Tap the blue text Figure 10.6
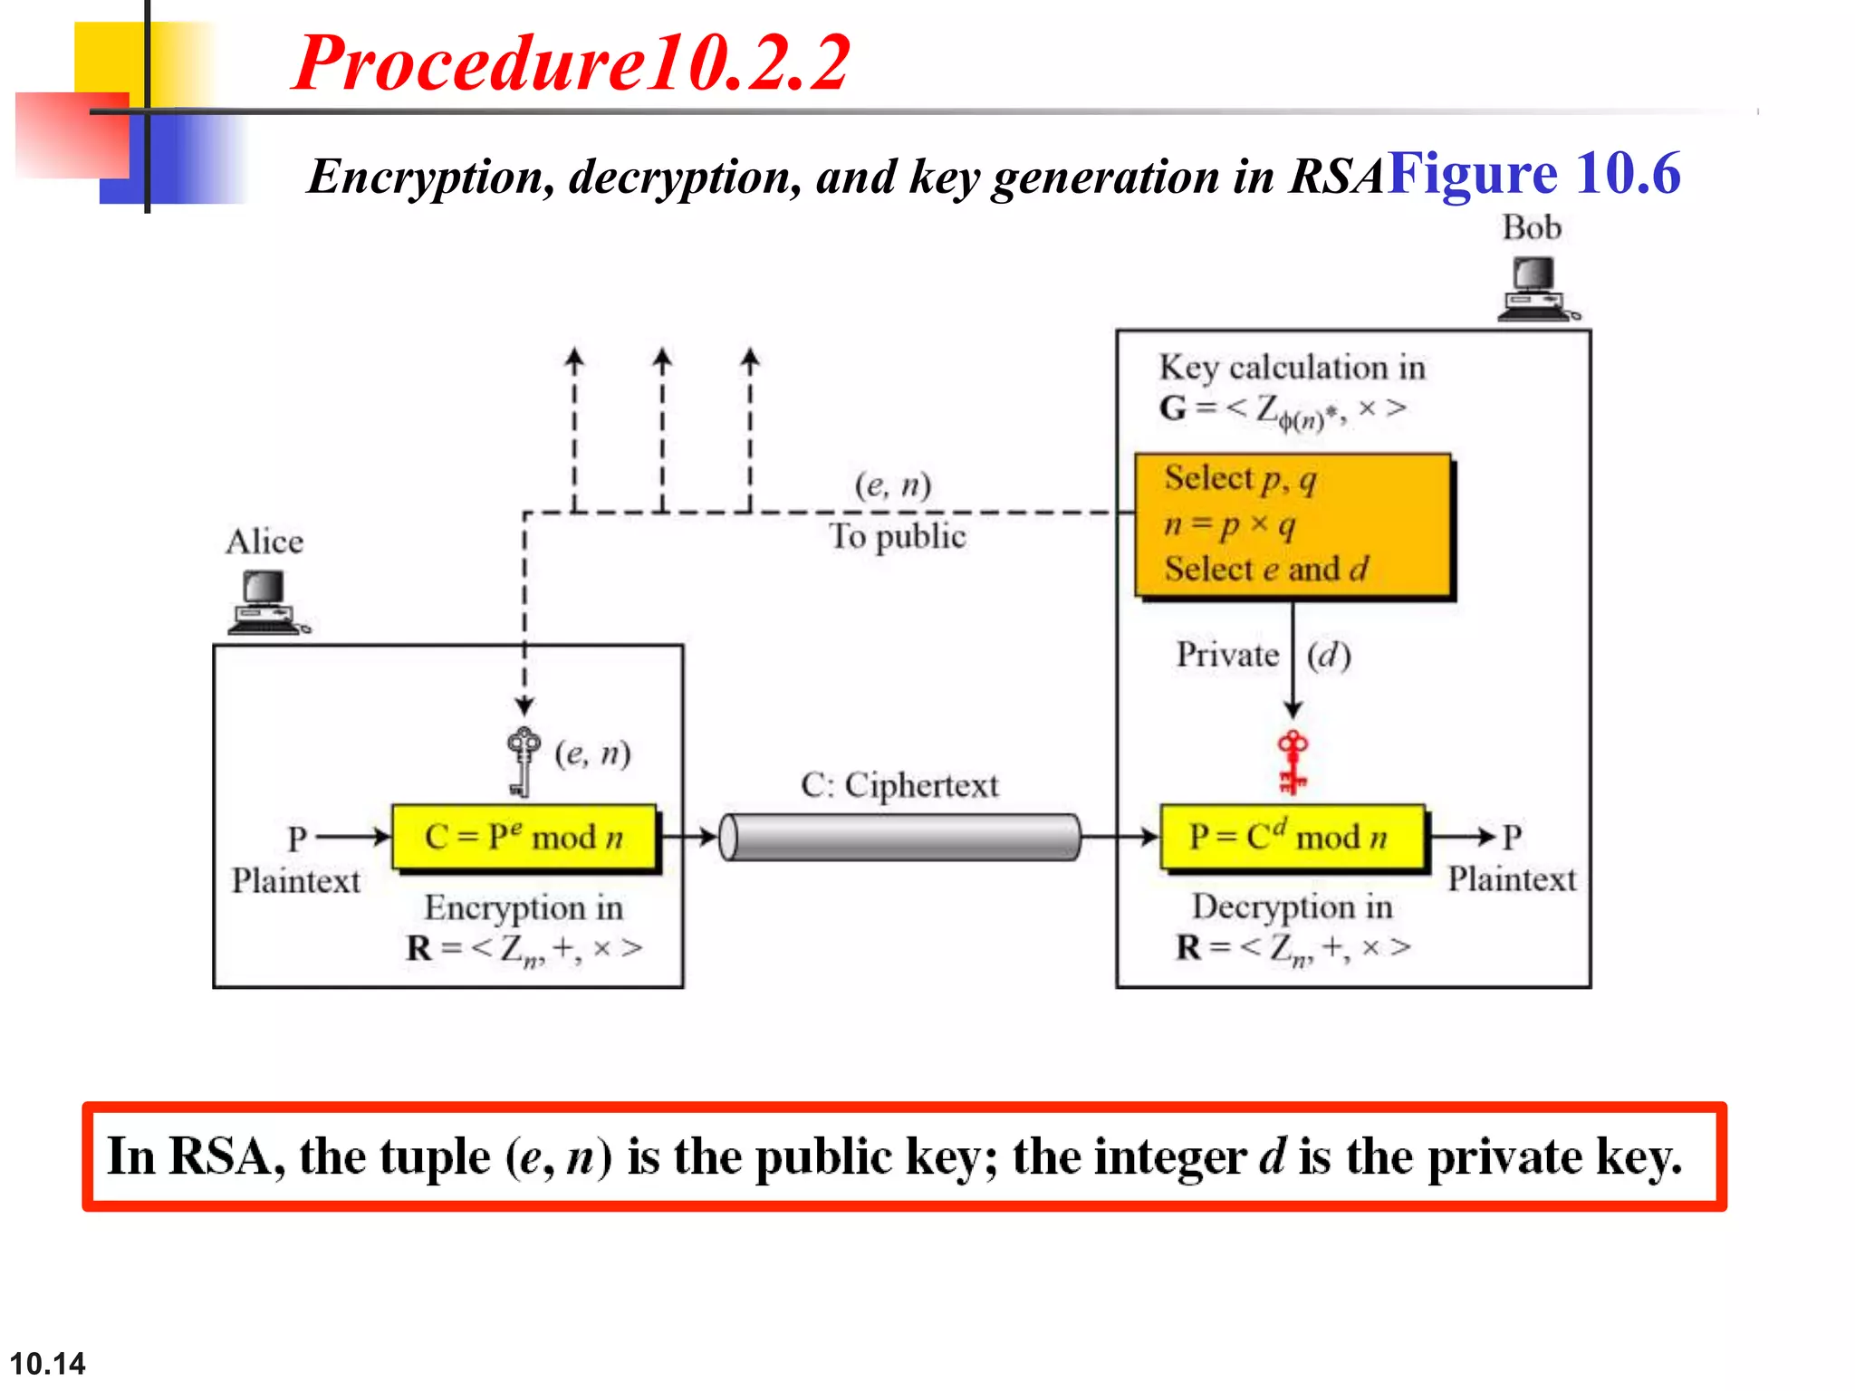pyautogui.click(x=1534, y=174)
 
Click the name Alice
pyautogui.click(x=264, y=542)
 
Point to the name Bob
pyautogui.click(x=1532, y=227)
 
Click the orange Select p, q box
pyautogui.click(x=1293, y=525)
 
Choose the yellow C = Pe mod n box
pyautogui.click(x=524, y=837)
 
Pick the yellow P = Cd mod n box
pyautogui.click(x=1293, y=837)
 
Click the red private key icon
pyautogui.click(x=1293, y=762)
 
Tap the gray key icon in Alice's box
pyautogui.click(x=522, y=761)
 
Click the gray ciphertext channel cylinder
pyautogui.click(x=901, y=837)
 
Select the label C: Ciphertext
pyautogui.click(x=899, y=784)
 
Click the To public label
pyautogui.click(x=898, y=536)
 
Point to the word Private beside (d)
pyautogui.click(x=1227, y=654)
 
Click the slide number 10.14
pyautogui.click(x=47, y=1363)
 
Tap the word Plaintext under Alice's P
pyautogui.click(x=295, y=880)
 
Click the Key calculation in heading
pyautogui.click(x=1293, y=368)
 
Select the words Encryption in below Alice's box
pyautogui.click(x=524, y=907)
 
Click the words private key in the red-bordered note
pyautogui.click(x=1554, y=1157)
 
